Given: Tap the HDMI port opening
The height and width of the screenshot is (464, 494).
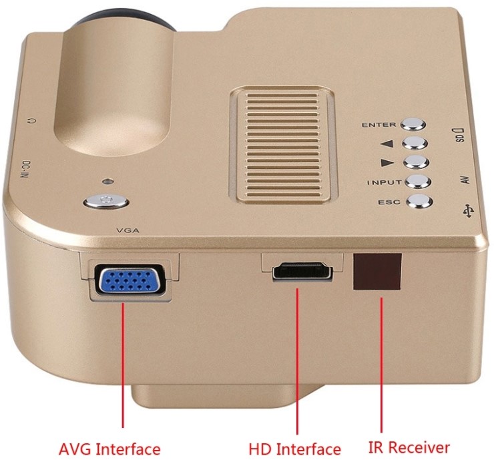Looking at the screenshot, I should [x=302, y=274].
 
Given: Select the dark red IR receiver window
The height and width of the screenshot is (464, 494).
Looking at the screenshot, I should [x=379, y=272].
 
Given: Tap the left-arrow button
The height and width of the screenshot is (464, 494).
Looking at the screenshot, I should [x=415, y=142].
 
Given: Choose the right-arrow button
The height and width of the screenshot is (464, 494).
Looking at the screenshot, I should [x=415, y=162].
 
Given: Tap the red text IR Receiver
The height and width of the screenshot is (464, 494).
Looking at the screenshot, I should [x=409, y=447].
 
